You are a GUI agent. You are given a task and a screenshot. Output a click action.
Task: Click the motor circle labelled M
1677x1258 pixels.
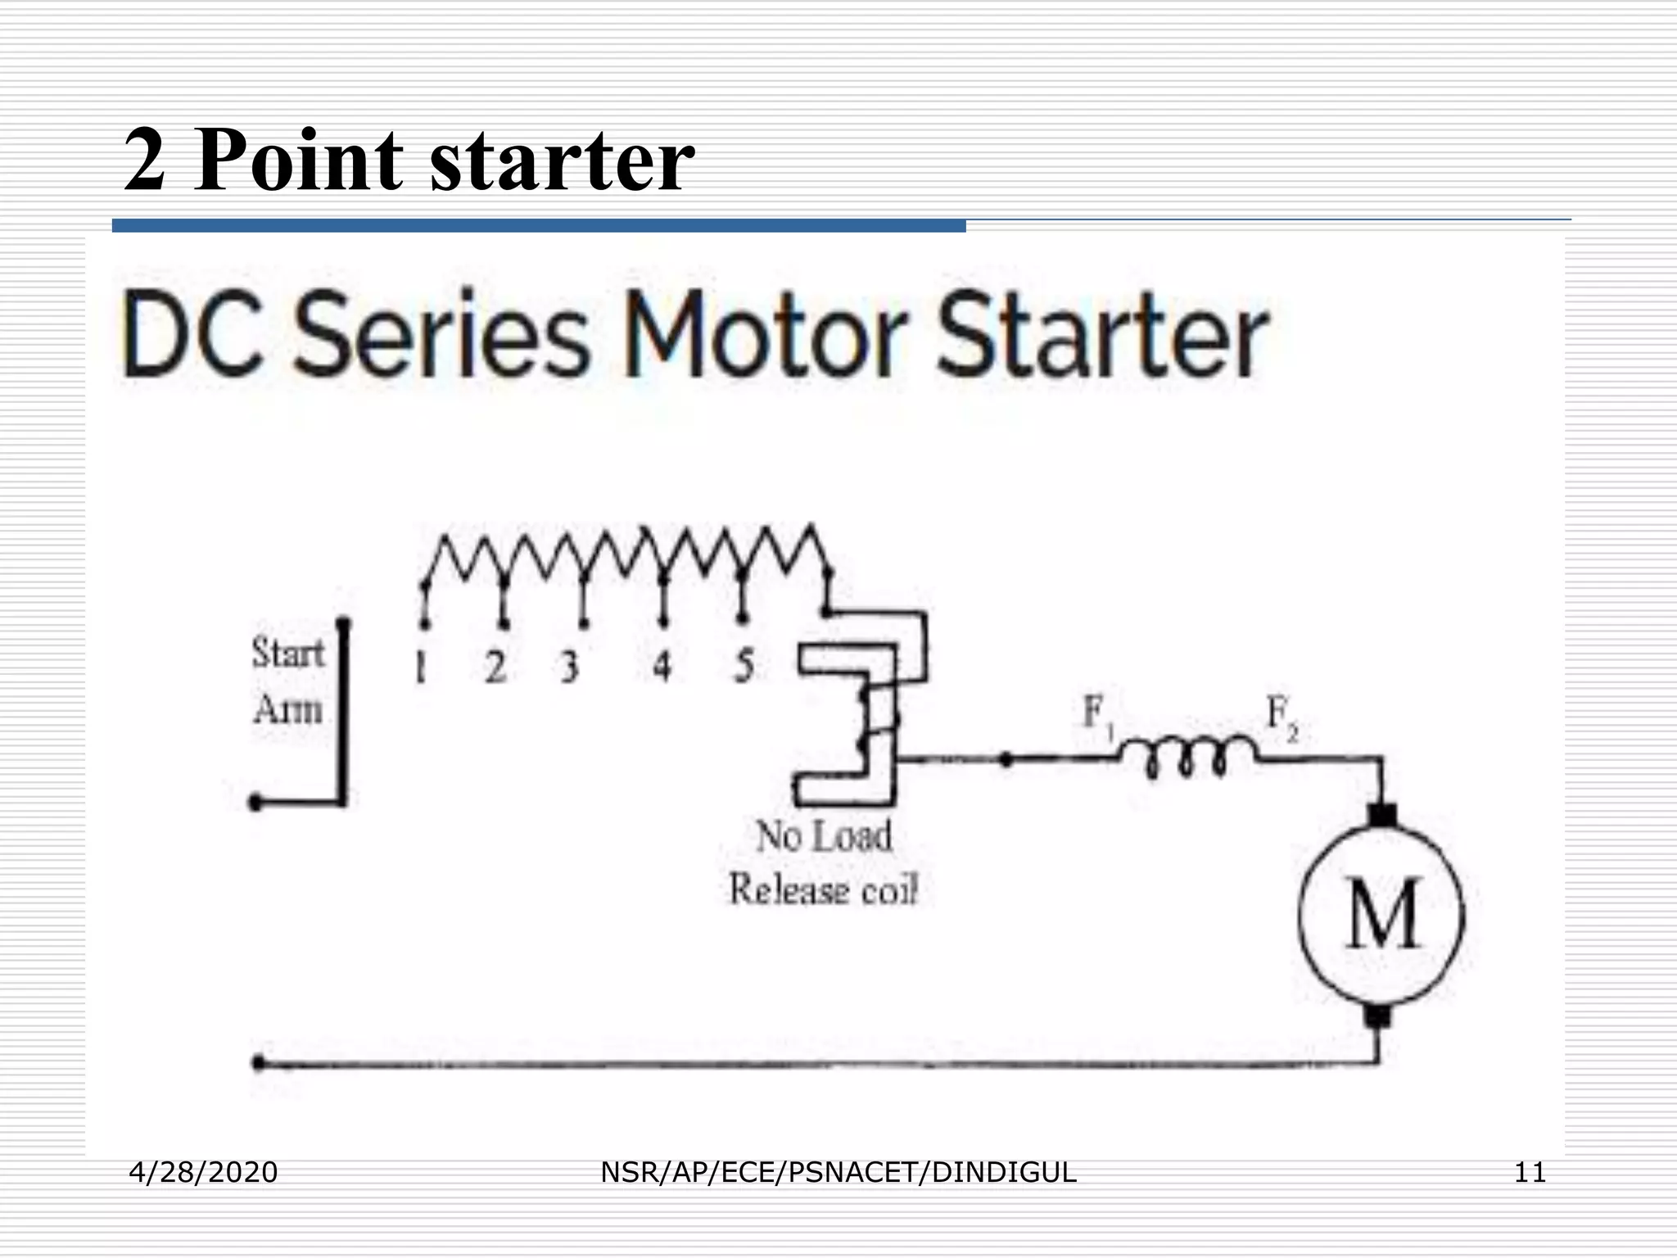coord(1382,916)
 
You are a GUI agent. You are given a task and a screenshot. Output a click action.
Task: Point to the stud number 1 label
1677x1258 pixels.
coord(421,667)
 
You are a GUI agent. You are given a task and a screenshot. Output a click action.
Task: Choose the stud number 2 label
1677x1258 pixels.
coord(495,667)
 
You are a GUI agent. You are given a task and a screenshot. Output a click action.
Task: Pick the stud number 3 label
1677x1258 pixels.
coord(570,667)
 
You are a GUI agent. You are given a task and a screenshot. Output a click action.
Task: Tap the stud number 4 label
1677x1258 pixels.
coord(662,667)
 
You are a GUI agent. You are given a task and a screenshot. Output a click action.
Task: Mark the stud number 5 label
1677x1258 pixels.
coord(744,667)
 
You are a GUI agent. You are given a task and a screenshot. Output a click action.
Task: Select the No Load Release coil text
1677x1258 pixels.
coord(824,863)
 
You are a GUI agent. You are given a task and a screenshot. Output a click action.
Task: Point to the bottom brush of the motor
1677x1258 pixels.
coord(1379,1016)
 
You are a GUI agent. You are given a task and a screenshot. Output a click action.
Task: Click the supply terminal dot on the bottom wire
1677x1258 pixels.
coord(259,1064)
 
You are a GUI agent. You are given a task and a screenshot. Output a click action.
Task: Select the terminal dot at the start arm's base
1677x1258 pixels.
coord(255,803)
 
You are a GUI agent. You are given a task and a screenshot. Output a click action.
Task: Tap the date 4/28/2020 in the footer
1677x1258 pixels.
coord(204,1173)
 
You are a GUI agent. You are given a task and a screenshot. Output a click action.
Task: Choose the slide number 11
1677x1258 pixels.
coord(1530,1173)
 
